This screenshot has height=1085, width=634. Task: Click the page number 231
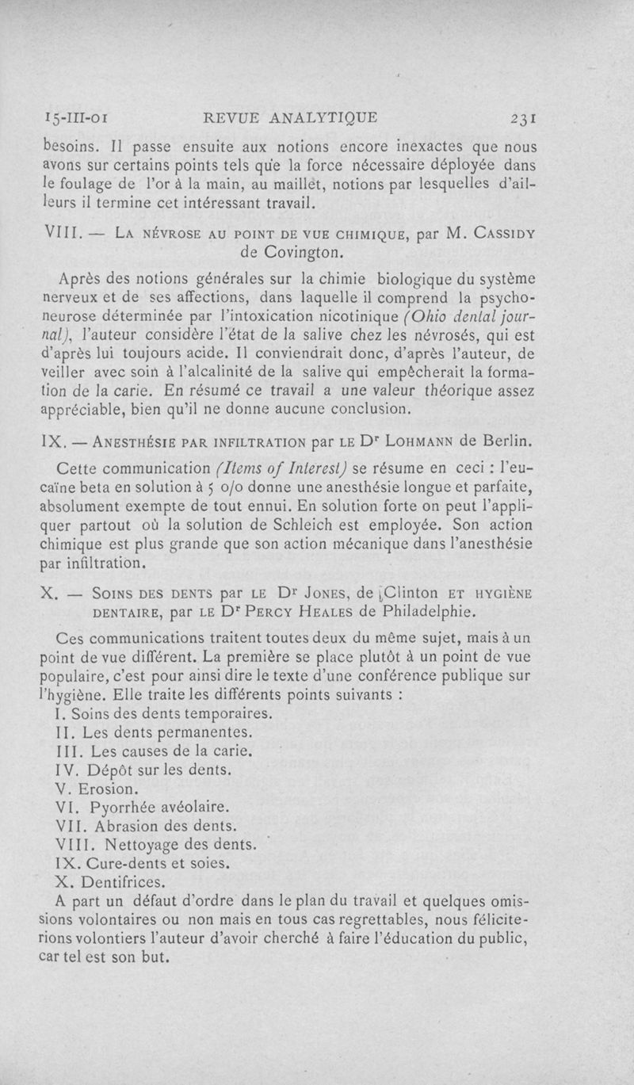pyautogui.click(x=525, y=119)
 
